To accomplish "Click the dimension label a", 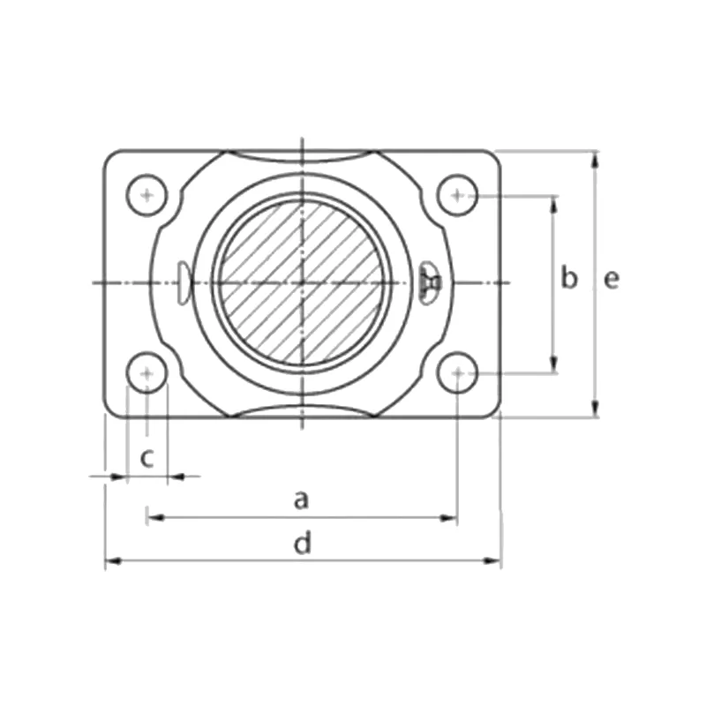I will click(x=301, y=500).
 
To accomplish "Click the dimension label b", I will click(x=569, y=279).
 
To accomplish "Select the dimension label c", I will click(x=148, y=457).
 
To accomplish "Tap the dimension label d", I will click(x=303, y=544).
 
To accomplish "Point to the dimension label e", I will click(x=612, y=279).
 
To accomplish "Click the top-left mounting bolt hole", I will click(x=146, y=194).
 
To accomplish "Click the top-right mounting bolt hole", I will click(x=457, y=194).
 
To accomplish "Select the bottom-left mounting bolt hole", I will click(x=146, y=374).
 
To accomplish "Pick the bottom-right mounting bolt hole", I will click(x=457, y=374).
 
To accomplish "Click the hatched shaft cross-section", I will click(x=301, y=282).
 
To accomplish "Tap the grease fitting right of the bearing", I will click(x=432, y=282).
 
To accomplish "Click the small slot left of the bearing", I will click(x=181, y=282).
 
